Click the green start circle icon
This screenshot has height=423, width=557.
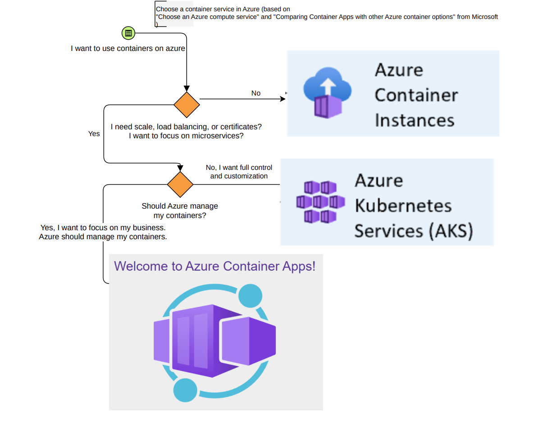pyautogui.click(x=128, y=33)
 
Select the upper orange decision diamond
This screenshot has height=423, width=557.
pyautogui.click(x=187, y=105)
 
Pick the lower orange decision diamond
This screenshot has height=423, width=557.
pyautogui.click(x=180, y=184)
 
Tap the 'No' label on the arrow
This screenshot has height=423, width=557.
pyautogui.click(x=256, y=93)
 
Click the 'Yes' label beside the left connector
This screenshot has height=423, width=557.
pyautogui.click(x=94, y=134)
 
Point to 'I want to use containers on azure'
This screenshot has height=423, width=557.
pyautogui.click(x=128, y=48)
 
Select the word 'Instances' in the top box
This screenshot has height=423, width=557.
pyautogui.click(x=414, y=120)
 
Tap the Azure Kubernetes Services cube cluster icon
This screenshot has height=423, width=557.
pyautogui.click(x=320, y=202)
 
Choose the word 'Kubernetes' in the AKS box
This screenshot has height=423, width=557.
pyautogui.click(x=403, y=205)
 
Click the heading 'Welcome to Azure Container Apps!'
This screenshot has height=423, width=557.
pyautogui.click(x=215, y=266)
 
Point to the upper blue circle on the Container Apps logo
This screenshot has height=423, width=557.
pyautogui.click(x=250, y=296)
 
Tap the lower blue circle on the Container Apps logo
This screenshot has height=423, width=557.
pyautogui.click(x=185, y=390)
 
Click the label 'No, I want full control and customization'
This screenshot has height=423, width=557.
pyautogui.click(x=239, y=172)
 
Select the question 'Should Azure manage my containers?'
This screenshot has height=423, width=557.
pyautogui.click(x=180, y=210)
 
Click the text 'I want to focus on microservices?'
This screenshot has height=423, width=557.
pyautogui.click(x=186, y=136)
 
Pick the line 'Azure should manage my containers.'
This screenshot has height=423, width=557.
pyautogui.click(x=103, y=237)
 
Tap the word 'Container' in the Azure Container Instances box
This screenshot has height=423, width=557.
pyautogui.click(x=416, y=95)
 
